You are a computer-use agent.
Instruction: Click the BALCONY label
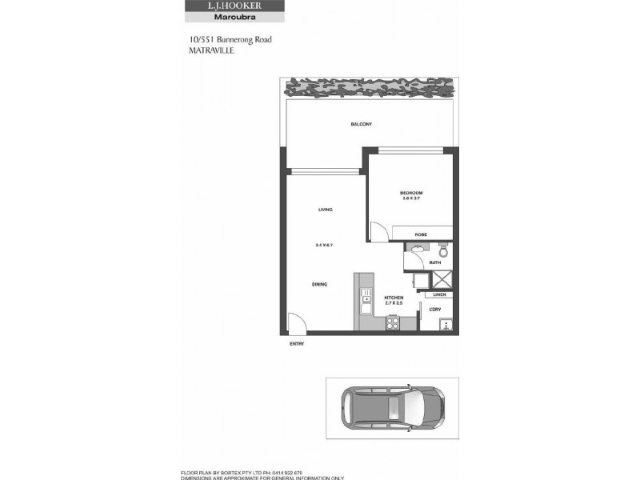point(362,124)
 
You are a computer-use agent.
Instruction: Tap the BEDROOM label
point(411,193)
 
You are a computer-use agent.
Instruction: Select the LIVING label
point(325,210)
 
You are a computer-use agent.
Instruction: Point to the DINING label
point(319,284)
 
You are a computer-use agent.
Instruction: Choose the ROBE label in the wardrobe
point(420,234)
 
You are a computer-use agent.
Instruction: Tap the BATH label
point(435,262)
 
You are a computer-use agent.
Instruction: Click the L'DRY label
point(436,310)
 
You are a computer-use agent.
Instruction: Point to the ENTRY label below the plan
point(297,345)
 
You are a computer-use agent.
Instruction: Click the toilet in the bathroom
point(446,250)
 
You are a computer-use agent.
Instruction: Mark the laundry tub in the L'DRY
point(446,323)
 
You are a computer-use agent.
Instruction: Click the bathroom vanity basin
point(416,250)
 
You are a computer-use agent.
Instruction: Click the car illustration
point(392,408)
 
